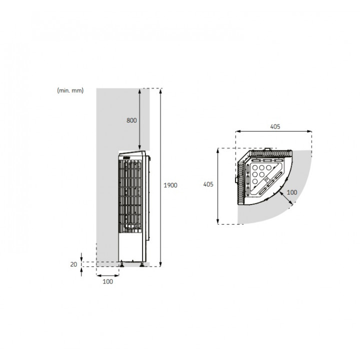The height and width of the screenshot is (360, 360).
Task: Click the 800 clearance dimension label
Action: (131, 120)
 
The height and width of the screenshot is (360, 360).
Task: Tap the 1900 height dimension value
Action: (170, 185)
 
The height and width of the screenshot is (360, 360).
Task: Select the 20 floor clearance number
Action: (73, 264)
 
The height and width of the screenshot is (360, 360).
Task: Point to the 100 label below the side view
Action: (107, 281)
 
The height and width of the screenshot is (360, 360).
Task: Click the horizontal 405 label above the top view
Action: (275, 126)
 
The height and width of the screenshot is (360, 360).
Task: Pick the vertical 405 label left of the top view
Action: (208, 184)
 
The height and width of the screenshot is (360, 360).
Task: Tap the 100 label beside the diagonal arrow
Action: (292, 192)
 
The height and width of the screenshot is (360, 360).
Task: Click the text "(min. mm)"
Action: (70, 90)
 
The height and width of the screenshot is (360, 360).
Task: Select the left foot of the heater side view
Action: (121, 264)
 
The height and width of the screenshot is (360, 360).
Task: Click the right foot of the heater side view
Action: (142, 264)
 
